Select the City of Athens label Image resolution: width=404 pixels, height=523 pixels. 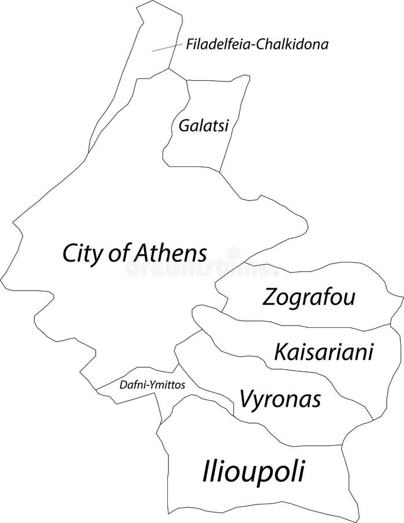pyautogui.click(x=135, y=253)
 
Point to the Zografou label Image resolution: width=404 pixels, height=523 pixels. pyautogui.click(x=309, y=298)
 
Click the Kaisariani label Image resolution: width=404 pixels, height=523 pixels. pyautogui.click(x=323, y=351)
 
